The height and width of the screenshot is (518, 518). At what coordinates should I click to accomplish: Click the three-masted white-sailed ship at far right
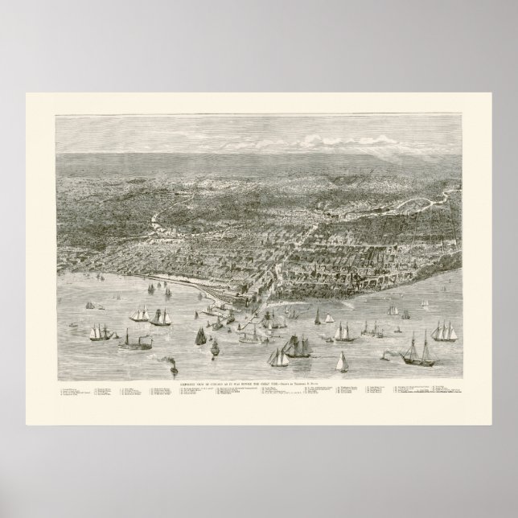click(x=443, y=329)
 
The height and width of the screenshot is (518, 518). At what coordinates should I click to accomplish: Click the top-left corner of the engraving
click(x=55, y=114)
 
